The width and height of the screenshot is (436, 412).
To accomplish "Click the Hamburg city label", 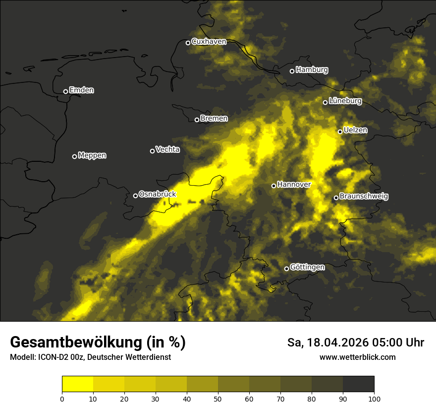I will tap(312, 70).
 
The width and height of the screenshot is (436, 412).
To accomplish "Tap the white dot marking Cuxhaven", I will tap(188, 43).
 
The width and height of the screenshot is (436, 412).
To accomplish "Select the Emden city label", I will tap(81, 90).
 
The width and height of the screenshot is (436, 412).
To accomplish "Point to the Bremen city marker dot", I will tap(197, 120).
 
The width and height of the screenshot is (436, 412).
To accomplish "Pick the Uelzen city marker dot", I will tap(340, 132).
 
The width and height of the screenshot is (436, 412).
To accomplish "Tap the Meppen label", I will tap(92, 155).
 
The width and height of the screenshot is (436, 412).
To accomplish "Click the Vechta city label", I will tap(167, 149).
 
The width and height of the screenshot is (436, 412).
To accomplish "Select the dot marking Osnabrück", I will tap(135, 196).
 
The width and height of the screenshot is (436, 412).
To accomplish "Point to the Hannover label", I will tap(294, 185).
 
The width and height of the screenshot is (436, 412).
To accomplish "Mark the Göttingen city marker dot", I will tap(286, 269).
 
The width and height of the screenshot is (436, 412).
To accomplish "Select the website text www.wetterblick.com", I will tap(357, 357).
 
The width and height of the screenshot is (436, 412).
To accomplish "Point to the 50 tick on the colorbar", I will tap(218, 398).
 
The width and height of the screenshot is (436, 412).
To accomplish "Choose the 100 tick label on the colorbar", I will tap(374, 398).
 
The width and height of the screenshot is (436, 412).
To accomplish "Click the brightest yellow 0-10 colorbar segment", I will tap(77, 384).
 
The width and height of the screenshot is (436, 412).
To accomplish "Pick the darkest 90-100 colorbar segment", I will tap(358, 384).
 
